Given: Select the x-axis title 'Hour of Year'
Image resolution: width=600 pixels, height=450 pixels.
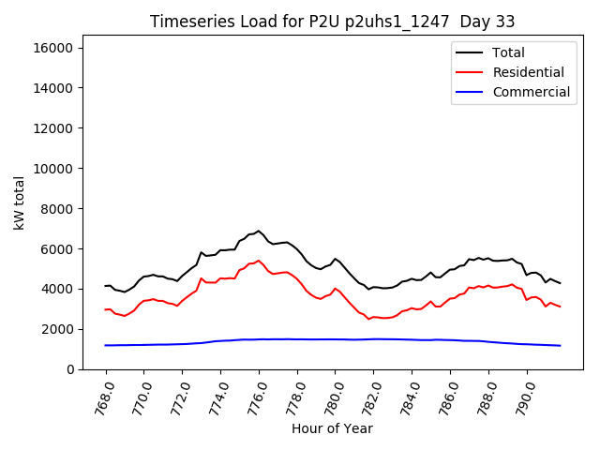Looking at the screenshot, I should [331, 428].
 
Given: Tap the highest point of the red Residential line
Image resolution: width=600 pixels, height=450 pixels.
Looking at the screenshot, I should [259, 261].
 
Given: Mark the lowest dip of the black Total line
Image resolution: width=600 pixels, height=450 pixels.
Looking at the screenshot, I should [368, 290].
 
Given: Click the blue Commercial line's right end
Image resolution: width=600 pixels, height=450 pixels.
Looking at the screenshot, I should [561, 346].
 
